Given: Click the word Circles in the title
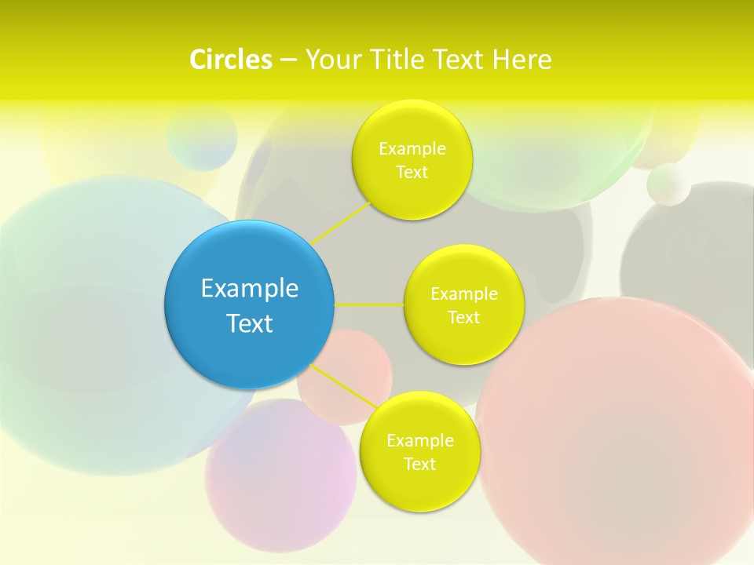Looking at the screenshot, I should point(231,60).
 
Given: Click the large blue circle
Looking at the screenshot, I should point(249,345).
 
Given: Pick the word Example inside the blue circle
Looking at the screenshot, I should point(249,288).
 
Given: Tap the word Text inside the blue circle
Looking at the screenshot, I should point(249,323).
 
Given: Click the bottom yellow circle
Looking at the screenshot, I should point(419,487).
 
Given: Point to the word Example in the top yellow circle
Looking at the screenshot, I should point(412,148).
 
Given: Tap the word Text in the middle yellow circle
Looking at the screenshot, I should point(464,318).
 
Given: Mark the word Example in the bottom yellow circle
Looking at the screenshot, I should point(419,440).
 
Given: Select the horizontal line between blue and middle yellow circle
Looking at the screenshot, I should point(369,304).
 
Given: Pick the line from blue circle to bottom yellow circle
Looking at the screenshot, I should point(346,386).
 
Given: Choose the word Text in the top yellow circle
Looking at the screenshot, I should point(412,173).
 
